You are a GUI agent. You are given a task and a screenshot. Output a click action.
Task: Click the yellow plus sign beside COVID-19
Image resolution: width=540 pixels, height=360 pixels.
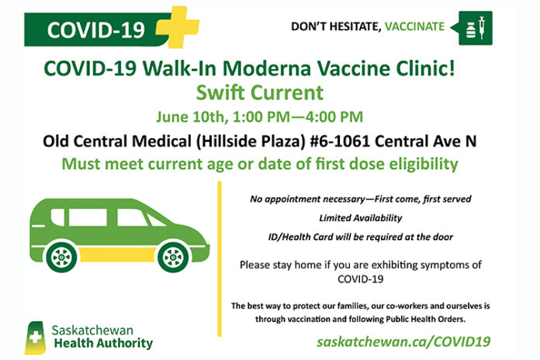pyautogui.click(x=178, y=26)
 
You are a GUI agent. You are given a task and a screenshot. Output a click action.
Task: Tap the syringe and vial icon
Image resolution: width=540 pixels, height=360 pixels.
pyautogui.click(x=476, y=28)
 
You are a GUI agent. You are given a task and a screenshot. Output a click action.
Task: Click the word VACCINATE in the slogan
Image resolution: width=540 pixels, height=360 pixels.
pyautogui.click(x=414, y=26)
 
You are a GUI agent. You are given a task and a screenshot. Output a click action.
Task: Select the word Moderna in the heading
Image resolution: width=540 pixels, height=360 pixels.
pyautogui.click(x=267, y=68)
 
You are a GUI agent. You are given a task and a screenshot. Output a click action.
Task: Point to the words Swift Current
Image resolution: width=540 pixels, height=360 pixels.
pyautogui.click(x=260, y=92)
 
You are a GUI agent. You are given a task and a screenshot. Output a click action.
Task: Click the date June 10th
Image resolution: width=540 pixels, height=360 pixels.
pyautogui.click(x=191, y=117)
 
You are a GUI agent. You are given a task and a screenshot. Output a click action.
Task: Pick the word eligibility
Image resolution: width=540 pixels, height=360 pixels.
pyautogui.click(x=424, y=164)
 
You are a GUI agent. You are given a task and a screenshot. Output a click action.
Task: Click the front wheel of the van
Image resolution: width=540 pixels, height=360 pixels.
pyautogui.click(x=173, y=258)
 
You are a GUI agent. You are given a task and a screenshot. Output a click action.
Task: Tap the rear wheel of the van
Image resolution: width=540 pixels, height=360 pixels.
pyautogui.click(x=61, y=257)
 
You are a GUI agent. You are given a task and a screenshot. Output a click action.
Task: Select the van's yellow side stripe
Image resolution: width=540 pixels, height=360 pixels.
pyautogui.click(x=117, y=254)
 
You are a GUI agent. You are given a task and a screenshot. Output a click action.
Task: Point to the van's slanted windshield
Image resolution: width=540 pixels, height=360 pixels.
pyautogui.click(x=155, y=220)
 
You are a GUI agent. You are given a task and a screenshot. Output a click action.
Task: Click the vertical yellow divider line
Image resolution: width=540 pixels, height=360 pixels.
pyautogui.click(x=220, y=258)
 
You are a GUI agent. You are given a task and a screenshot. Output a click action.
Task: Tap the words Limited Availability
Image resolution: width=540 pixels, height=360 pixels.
pyautogui.click(x=360, y=218)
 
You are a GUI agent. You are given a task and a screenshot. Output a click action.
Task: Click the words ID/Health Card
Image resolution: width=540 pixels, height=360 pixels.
pyautogui.click(x=301, y=237)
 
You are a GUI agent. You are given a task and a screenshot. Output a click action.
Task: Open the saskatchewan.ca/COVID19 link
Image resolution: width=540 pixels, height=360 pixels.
pyautogui.click(x=403, y=341)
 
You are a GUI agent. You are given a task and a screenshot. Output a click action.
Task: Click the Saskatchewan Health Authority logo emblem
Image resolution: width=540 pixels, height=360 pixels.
pyautogui.click(x=35, y=337)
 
